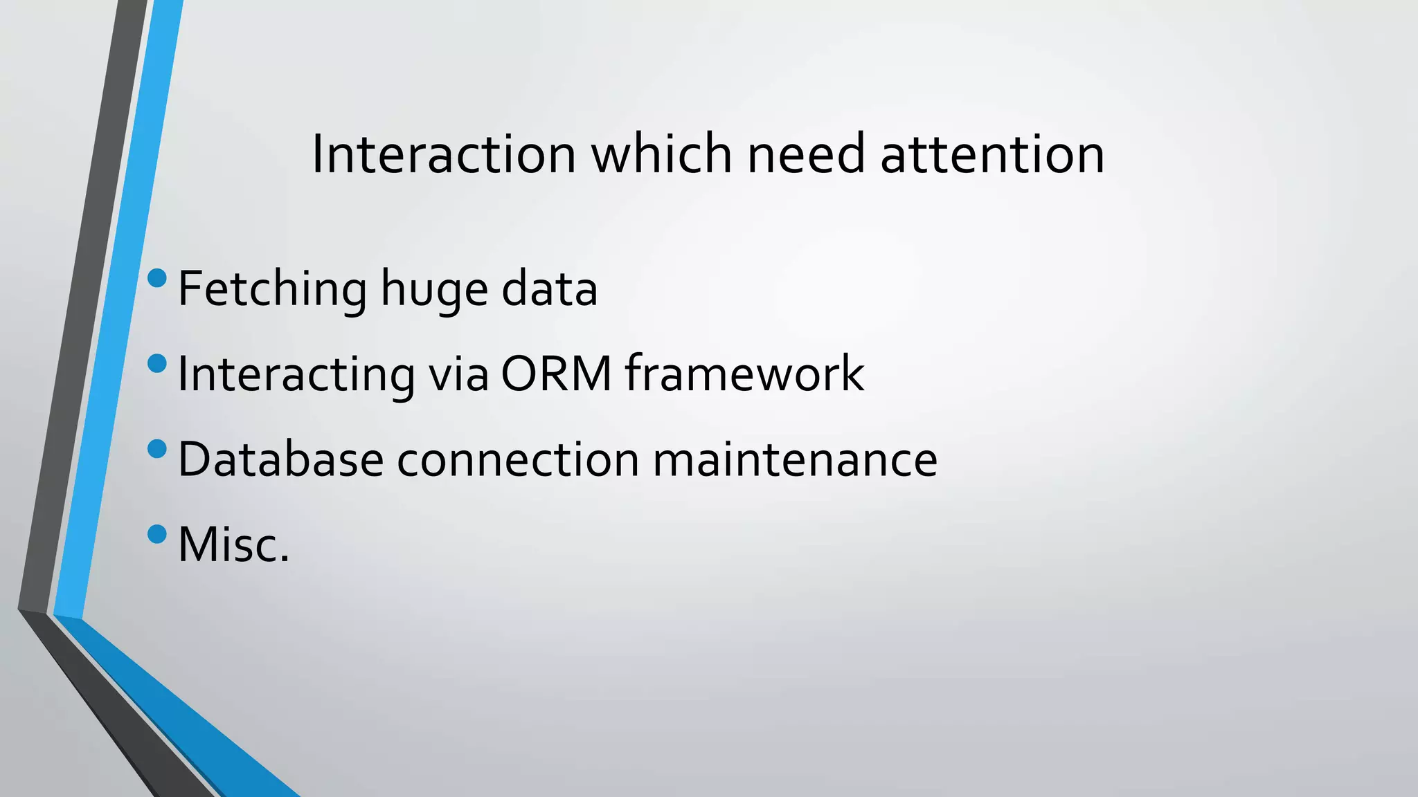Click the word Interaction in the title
tap(443, 154)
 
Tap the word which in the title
tap(661, 154)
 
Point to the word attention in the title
tap(991, 154)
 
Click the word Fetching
tap(272, 289)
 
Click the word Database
tap(280, 460)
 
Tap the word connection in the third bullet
tap(518, 460)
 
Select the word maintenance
tap(795, 460)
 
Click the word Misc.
tap(233, 545)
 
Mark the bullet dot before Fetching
tap(157, 278)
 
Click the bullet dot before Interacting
tap(157, 363)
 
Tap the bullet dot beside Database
tap(157, 448)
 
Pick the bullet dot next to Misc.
tap(157, 534)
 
